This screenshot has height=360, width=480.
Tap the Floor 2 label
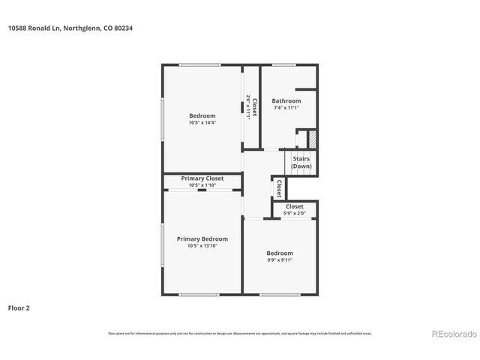pos(19,307)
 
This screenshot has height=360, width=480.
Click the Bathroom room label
pos(286,101)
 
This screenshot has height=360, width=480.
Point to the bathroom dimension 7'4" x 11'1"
pos(286,108)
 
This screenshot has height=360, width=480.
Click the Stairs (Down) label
pos(301,163)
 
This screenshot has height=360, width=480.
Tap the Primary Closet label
pos(202,178)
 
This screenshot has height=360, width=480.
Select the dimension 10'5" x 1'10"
pos(202,184)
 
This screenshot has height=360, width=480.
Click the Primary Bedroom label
pos(202,239)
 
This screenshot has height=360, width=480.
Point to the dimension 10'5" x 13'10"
pos(202,246)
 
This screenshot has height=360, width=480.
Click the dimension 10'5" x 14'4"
pos(202,122)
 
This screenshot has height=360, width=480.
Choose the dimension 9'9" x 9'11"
pos(280,260)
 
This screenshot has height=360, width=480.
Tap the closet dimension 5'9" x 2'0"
pos(294,213)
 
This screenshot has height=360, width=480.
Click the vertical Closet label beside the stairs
pos(279,187)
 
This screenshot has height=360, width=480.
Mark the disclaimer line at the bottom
pos(240,333)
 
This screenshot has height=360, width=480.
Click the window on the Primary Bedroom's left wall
pos(163,244)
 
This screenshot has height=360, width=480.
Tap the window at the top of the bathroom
pos(283,65)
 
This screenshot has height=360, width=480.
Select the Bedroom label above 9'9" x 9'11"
pos(280,253)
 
